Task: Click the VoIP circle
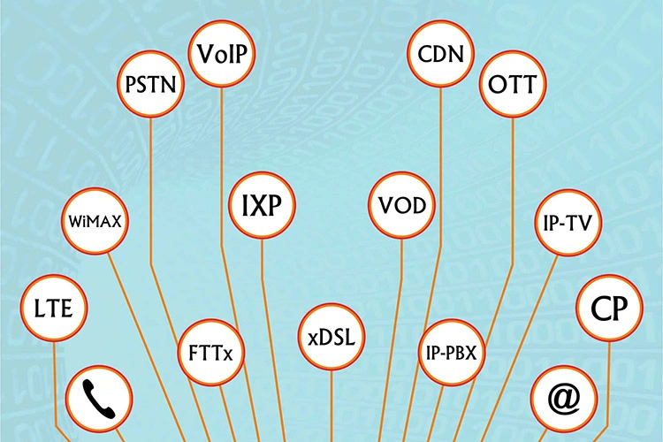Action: [x=222, y=54]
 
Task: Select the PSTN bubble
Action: [x=151, y=84]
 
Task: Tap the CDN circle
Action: [x=440, y=54]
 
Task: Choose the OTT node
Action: [x=513, y=84]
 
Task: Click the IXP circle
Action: [x=262, y=205]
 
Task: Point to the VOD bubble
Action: [x=401, y=205]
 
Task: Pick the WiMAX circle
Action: [x=95, y=221]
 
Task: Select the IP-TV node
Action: [x=569, y=223]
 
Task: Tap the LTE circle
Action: [x=54, y=308]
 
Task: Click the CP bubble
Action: [x=609, y=308]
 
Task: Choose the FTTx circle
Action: [x=211, y=353]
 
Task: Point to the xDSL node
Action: [x=331, y=337]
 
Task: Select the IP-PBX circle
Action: [x=452, y=353]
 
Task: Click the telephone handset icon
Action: [x=99, y=399]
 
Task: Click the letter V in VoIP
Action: [x=207, y=54]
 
